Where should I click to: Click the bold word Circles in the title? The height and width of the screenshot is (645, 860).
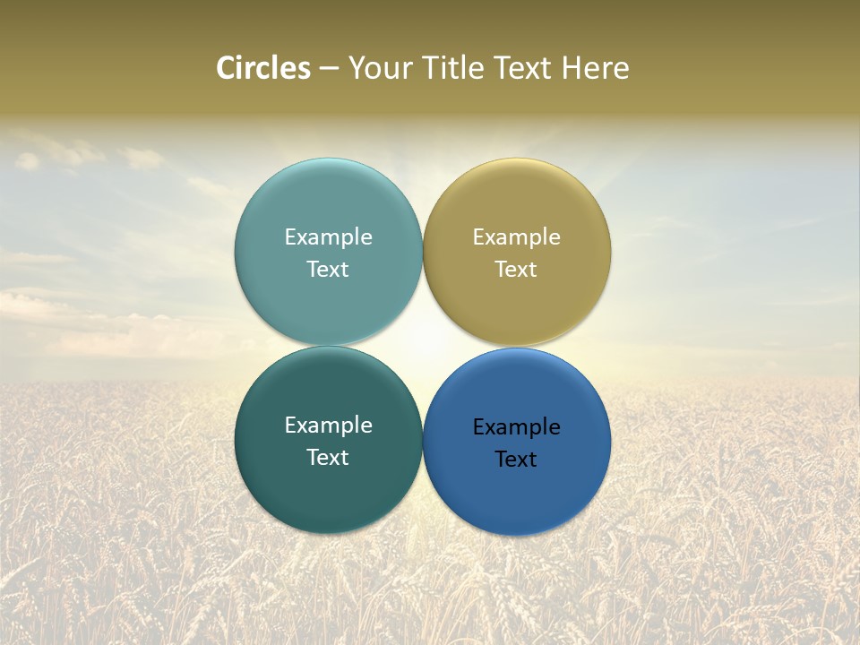[263, 68]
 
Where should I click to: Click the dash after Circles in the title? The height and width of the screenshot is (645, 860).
[329, 69]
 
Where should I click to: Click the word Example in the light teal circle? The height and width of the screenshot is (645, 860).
[328, 236]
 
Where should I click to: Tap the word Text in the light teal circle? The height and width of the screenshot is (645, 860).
[328, 269]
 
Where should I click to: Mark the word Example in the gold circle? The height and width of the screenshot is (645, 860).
[517, 236]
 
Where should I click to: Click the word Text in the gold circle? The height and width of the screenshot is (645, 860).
[517, 269]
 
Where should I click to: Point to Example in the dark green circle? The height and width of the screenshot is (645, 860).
[328, 425]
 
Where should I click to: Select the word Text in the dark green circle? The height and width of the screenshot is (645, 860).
[328, 457]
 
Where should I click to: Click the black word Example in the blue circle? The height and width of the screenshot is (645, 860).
[517, 426]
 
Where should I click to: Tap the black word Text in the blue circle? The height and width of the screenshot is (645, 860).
[517, 459]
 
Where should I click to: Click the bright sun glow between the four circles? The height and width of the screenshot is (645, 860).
[423, 346]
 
